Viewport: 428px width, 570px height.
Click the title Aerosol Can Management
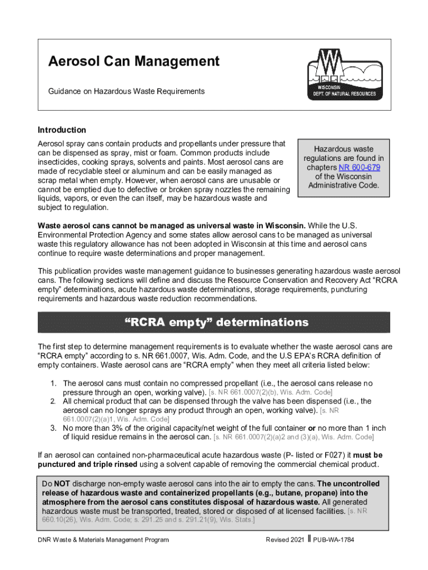click(x=133, y=62)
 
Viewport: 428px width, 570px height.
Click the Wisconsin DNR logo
click(x=342, y=74)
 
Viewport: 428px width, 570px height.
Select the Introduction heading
click(x=62, y=130)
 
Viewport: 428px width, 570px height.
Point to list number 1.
click(x=53, y=384)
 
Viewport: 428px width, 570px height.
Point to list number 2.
click(x=53, y=401)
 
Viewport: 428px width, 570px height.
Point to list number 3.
click(x=53, y=428)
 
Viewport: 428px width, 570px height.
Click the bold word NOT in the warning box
click(x=61, y=484)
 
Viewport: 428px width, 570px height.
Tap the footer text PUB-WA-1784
click(x=334, y=540)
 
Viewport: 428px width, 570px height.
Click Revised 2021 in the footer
click(x=285, y=540)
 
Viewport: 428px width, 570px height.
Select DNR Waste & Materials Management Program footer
click(x=103, y=540)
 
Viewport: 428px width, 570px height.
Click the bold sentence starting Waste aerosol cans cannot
click(x=171, y=225)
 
